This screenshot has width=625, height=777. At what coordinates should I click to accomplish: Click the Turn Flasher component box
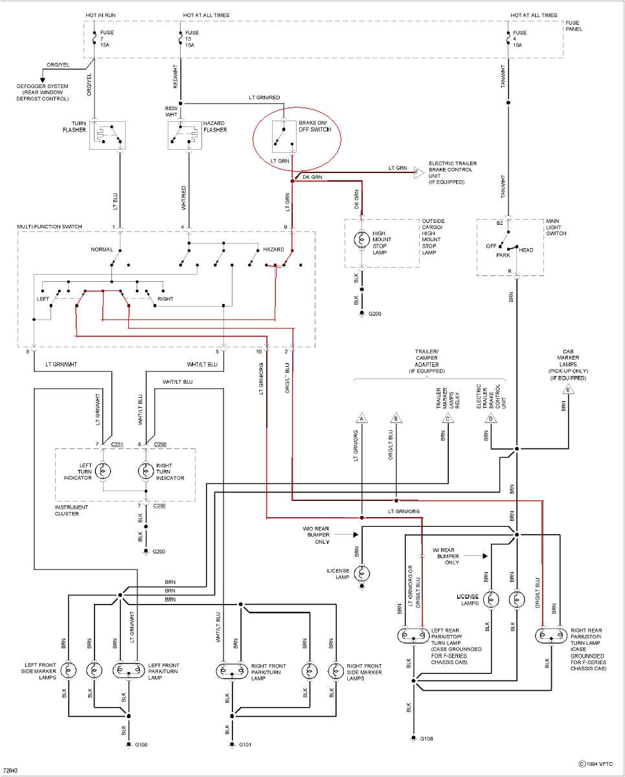[x=107, y=135]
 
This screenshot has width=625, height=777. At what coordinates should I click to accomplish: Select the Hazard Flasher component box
[x=185, y=135]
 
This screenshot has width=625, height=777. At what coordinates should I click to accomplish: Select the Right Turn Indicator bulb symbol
[x=146, y=470]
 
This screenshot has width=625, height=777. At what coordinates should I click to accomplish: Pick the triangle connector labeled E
[x=569, y=389]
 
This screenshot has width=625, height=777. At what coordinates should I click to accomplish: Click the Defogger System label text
[x=43, y=93]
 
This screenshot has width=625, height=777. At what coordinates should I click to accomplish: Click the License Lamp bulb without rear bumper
[x=363, y=572]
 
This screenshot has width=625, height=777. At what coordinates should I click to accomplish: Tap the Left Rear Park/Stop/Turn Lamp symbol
[x=413, y=635]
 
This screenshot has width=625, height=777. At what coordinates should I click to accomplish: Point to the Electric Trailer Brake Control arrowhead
[x=418, y=172]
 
